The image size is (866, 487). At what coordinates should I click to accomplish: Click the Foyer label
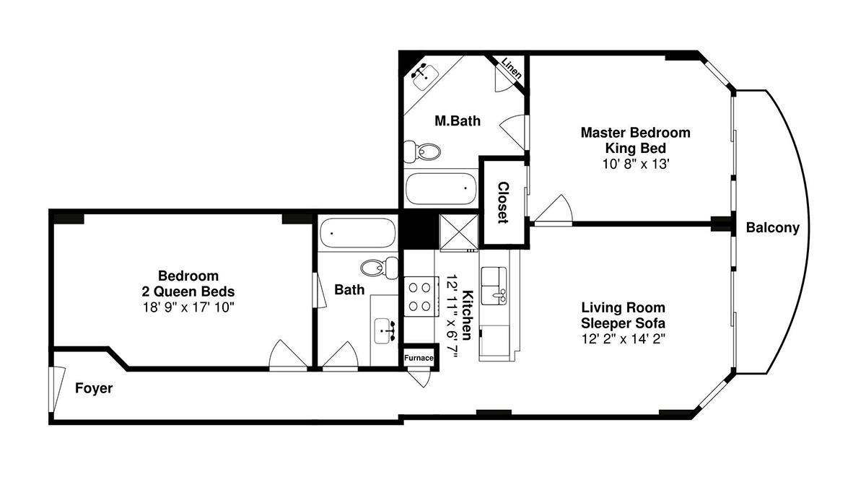point(94,388)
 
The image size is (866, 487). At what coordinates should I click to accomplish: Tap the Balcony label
point(772,228)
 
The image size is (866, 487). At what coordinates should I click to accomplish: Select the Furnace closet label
point(419,358)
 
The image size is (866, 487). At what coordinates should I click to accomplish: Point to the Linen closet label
point(512,68)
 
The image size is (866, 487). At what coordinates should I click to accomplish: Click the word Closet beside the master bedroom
point(502,203)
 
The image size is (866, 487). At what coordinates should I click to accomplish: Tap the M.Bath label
point(458,121)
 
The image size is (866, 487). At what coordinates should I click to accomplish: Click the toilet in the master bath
point(421,152)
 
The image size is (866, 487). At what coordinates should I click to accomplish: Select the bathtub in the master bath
point(440,188)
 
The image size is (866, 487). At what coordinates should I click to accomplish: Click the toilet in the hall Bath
point(380,268)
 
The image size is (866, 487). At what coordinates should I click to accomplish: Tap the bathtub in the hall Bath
point(358,233)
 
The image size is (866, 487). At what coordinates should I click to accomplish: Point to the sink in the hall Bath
point(385,331)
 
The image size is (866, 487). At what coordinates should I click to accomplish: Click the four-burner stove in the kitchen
point(421,297)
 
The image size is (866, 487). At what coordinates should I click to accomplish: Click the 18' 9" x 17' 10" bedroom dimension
point(188,307)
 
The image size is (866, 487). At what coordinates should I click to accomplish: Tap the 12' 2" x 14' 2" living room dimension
point(624,339)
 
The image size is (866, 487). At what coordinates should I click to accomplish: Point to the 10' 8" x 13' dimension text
point(636,164)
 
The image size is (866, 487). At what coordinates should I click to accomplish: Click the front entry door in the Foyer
point(56,389)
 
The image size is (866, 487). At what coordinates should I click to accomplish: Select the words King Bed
point(636,149)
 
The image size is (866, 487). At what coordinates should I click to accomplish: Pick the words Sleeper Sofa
point(624,323)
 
